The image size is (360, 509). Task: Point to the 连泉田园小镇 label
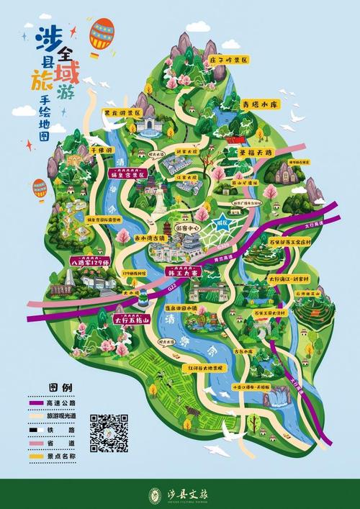(186, 308)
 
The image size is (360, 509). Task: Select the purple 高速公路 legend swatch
(37, 403)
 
